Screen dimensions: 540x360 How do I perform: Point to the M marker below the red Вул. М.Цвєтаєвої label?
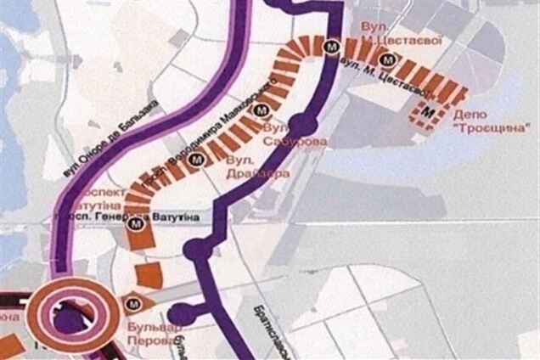point(388,59)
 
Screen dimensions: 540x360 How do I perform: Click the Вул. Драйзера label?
point(258,166)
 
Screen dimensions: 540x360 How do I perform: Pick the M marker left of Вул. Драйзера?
point(197,158)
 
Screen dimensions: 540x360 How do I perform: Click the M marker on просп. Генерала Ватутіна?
point(134,224)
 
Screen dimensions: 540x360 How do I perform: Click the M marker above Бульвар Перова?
point(132,303)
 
